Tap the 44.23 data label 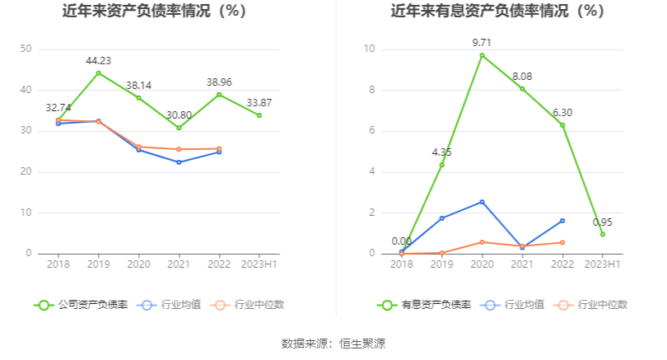(x=99, y=60)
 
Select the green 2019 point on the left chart (x=99, y=73)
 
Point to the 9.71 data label (x=482, y=42)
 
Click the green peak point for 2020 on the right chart (x=482, y=55)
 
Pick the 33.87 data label (x=259, y=102)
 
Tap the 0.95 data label (x=603, y=222)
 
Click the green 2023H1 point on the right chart (x=603, y=234)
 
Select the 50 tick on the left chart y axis (x=26, y=49)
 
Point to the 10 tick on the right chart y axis (x=370, y=49)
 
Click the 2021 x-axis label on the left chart (x=179, y=264)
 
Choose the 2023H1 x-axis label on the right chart (x=603, y=264)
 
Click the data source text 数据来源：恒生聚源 (x=333, y=344)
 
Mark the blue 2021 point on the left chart (x=179, y=162)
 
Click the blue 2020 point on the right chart (x=482, y=202)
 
